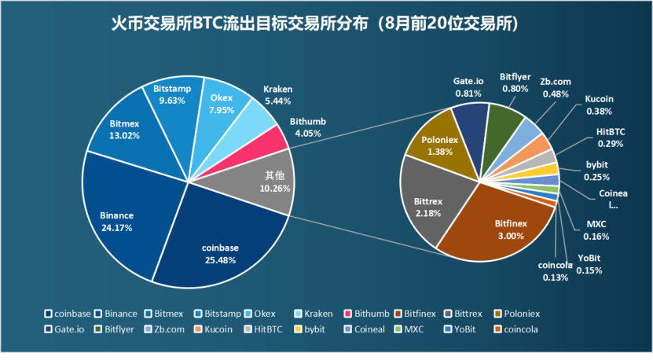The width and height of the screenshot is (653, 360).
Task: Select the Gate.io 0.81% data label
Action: click(x=468, y=87)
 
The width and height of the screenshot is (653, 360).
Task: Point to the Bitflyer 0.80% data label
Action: click(x=515, y=83)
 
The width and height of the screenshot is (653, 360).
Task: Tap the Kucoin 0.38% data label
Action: click(x=599, y=105)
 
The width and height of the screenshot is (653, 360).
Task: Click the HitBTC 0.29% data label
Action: click(x=610, y=138)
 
